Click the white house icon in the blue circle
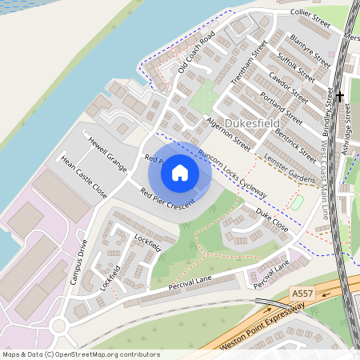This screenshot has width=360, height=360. (180, 171)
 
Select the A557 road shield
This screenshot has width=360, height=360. (301, 294)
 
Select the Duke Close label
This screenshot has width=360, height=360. (272, 221)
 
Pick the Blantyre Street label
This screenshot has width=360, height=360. (310, 50)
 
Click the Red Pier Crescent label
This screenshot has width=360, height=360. (169, 202)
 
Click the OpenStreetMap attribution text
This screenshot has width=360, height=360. (80, 354)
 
